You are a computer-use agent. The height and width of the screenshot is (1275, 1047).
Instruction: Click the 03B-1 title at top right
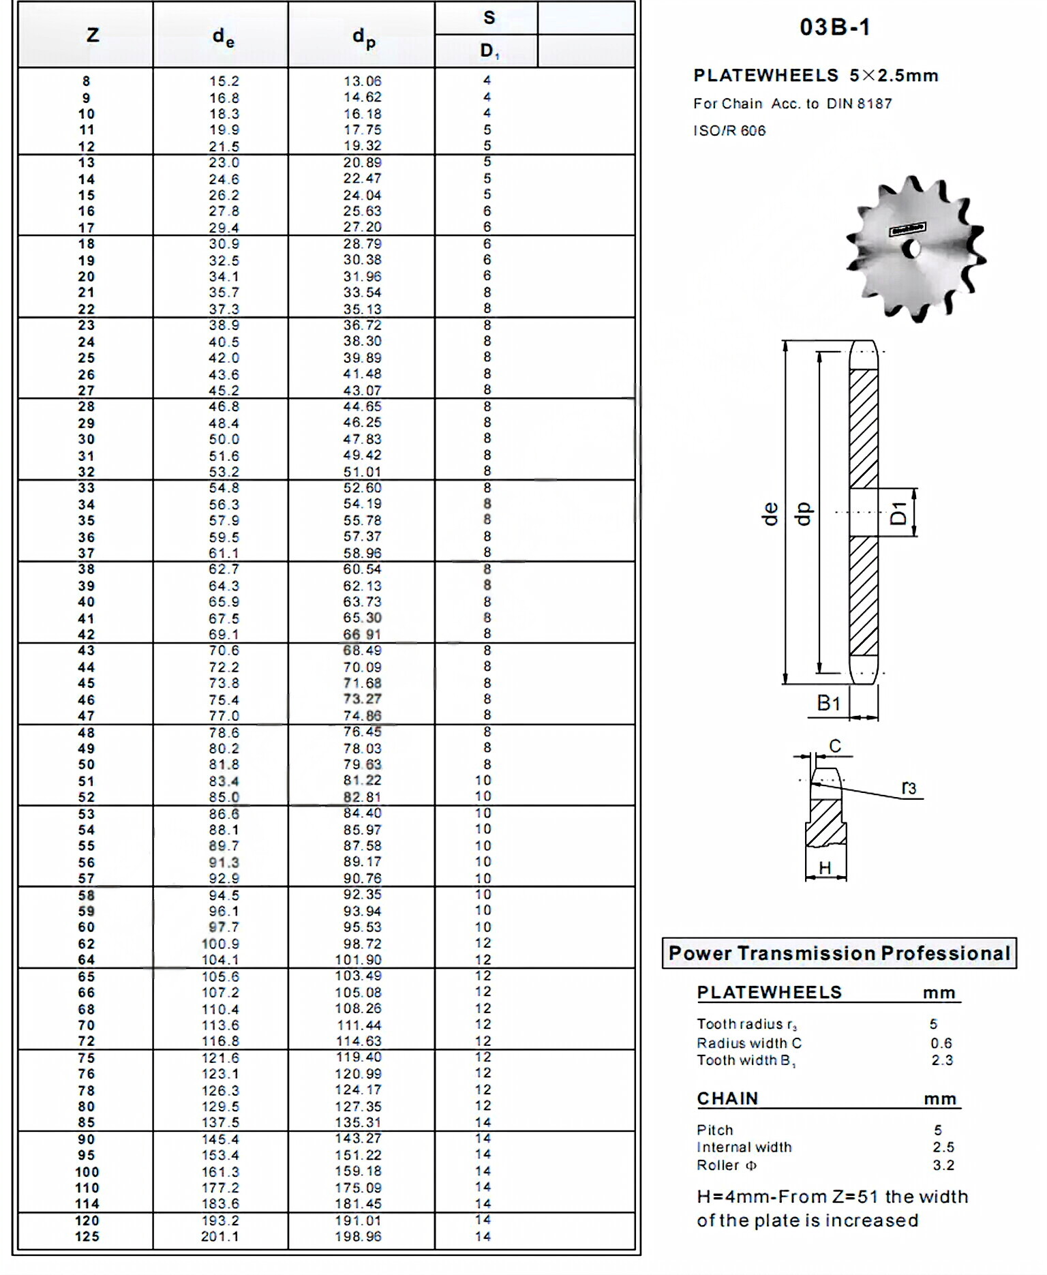835,27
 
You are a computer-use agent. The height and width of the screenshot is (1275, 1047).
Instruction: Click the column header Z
93,35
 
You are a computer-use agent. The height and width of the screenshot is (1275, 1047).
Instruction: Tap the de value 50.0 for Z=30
224,440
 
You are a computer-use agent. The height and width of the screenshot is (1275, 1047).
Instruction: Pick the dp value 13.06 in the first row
362,81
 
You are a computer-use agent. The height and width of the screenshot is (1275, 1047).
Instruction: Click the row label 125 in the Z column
87,1237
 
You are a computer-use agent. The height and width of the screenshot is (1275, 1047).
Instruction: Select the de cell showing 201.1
220,1237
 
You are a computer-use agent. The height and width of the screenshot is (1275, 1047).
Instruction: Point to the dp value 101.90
358,960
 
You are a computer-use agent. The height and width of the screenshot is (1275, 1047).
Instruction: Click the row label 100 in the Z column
87,1172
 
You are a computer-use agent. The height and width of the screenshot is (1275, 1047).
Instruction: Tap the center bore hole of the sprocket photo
913,250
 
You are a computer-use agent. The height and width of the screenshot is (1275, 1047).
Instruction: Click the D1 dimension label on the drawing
899,513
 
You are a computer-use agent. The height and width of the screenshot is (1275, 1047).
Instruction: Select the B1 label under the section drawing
829,703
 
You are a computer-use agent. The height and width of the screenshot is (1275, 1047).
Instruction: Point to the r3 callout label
909,788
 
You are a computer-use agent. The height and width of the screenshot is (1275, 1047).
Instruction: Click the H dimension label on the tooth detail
825,868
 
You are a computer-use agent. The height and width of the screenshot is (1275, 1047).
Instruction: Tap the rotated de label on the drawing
770,513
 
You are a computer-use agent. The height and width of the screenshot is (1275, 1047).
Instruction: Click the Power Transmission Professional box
839,953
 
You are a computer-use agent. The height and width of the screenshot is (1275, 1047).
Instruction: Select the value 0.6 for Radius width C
941,1043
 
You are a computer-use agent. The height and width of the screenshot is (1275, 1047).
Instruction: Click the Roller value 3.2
943,1165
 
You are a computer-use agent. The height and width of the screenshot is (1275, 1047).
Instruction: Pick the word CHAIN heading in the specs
727,1098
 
